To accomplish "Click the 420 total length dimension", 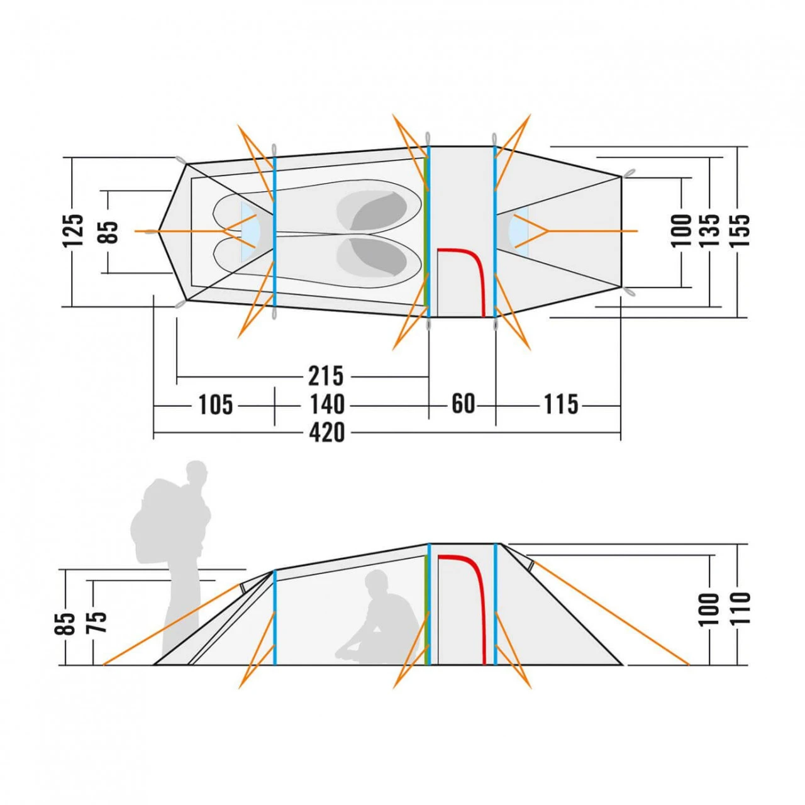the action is [327, 433].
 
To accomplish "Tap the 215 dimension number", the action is [326, 375].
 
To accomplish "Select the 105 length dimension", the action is [215, 405].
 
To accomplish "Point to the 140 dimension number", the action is [327, 404].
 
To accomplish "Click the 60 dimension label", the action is [464, 404].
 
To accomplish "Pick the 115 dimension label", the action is [561, 404].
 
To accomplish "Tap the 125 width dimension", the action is [73, 231].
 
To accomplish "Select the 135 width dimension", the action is [710, 231].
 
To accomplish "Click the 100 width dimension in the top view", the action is [681, 231].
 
